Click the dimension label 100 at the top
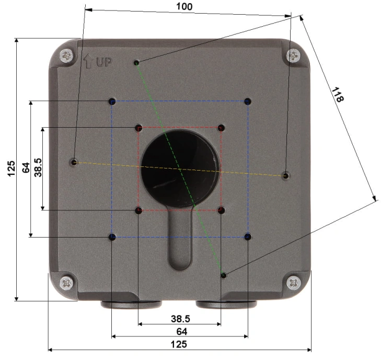coord(185,6)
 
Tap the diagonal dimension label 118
coord(338,94)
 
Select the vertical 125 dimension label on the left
coord(11,168)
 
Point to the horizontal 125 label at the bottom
coord(179,344)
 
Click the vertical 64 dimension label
coord(26,167)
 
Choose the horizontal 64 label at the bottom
coord(182,331)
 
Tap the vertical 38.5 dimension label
coord(38,167)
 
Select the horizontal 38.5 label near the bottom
coord(180,319)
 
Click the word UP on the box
coord(104,62)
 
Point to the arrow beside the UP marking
coord(88,61)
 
